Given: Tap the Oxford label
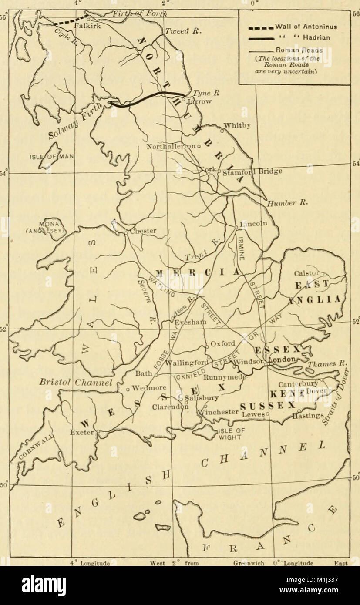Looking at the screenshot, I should point(223,343).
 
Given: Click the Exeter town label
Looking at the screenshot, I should point(82,432).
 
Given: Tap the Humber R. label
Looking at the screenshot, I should point(281,203).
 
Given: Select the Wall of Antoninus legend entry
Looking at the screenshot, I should point(306,27).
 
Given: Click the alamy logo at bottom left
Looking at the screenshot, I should point(44,585).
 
